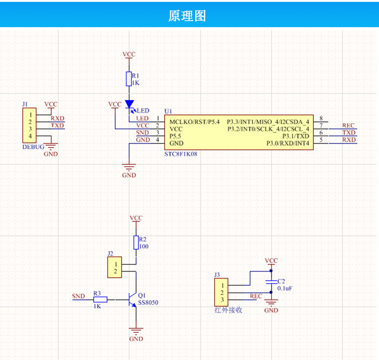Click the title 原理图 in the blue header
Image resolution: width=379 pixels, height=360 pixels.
[x=187, y=16]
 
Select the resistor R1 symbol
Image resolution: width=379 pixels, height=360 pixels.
[x=129, y=79]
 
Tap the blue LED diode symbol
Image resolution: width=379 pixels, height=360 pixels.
[x=129, y=104]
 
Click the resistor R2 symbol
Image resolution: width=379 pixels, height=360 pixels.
[x=136, y=243]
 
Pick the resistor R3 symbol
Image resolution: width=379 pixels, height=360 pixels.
[x=101, y=300]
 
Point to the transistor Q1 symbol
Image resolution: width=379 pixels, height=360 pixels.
[x=132, y=300]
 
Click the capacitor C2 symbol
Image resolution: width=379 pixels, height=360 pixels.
[x=271, y=282]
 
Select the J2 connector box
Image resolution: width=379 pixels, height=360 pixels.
[x=115, y=267]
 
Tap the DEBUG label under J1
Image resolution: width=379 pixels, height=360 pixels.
[x=33, y=147]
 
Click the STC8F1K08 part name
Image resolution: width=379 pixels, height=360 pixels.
[x=181, y=154]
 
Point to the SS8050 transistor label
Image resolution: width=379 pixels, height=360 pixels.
[x=148, y=302]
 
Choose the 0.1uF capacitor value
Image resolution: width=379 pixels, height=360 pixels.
[x=285, y=288]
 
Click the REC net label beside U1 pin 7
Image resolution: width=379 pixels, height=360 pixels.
[x=348, y=125]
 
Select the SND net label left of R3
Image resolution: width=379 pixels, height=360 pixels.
[x=78, y=296]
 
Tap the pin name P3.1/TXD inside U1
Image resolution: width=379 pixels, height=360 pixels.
[x=296, y=136]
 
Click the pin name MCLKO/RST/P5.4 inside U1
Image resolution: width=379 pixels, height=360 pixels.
[x=195, y=122]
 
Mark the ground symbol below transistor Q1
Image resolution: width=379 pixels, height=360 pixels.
[x=136, y=331]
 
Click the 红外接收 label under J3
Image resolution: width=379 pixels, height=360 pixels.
[x=228, y=310]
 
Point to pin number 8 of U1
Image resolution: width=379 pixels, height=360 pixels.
[x=321, y=118]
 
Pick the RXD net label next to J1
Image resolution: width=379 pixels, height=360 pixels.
[x=58, y=118]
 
